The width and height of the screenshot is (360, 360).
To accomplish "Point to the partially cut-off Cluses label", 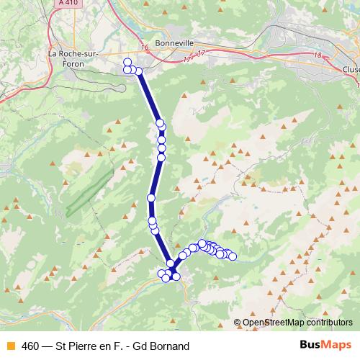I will point(351,70).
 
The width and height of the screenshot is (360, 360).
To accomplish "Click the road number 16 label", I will point(145,48).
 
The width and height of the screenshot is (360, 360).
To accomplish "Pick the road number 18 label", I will point(318,54).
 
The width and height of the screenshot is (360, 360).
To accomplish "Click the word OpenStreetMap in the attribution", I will point(274,324).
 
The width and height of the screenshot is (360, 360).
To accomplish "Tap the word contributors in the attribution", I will point(328,324).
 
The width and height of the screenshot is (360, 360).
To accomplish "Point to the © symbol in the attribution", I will point(238,324).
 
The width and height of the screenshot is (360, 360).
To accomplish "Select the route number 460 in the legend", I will point(30,346).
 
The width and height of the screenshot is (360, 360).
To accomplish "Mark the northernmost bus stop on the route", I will point(127,62).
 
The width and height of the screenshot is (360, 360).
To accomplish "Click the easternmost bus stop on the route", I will point(232,256).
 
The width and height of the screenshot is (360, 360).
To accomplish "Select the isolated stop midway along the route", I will point(151,197).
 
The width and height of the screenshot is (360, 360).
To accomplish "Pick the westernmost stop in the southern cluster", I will point(161,272).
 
